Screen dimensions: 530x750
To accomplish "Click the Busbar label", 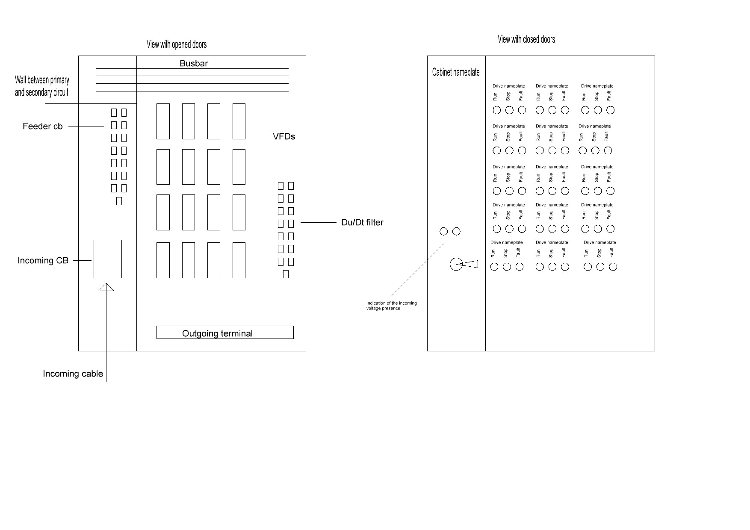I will pyautogui.click(x=194, y=64).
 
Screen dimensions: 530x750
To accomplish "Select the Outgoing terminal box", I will pyautogui.click(x=225, y=333).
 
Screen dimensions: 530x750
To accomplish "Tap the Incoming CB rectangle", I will pyautogui.click(x=108, y=259).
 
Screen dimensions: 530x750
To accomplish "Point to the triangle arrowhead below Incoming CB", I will pyautogui.click(x=106, y=287).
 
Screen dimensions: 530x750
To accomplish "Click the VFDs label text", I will pyautogui.click(x=284, y=137).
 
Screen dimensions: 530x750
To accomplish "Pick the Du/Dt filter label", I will pyautogui.click(x=362, y=223).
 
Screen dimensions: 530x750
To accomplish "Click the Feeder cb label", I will pyautogui.click(x=43, y=127).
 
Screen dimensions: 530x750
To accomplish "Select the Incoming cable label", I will pyautogui.click(x=73, y=374).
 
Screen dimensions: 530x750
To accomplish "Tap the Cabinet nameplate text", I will pyautogui.click(x=456, y=72).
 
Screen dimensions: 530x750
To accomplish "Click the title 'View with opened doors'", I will pyautogui.click(x=177, y=44).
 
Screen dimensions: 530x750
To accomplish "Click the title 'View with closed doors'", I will pyautogui.click(x=526, y=39).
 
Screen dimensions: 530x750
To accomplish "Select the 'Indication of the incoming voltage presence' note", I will pyautogui.click(x=391, y=306).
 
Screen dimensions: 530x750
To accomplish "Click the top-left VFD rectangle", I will pyautogui.click(x=163, y=121).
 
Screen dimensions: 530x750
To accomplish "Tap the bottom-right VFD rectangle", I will pyautogui.click(x=239, y=260).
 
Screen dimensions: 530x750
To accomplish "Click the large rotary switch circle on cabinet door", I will pyautogui.click(x=456, y=264).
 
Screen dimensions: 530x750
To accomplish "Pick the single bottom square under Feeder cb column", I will pyautogui.click(x=119, y=201).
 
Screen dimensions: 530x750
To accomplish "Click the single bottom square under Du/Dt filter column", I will pyautogui.click(x=286, y=274).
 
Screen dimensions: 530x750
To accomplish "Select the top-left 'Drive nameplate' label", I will pyautogui.click(x=509, y=86).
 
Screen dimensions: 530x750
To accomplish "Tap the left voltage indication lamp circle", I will pyautogui.click(x=444, y=231).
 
